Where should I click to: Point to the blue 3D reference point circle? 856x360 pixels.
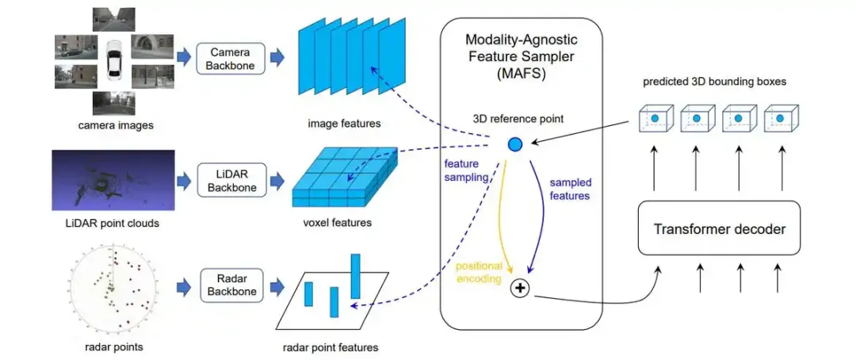coord(514,144)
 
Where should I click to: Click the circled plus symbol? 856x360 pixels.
coord(520,289)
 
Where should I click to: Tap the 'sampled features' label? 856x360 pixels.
coord(571,189)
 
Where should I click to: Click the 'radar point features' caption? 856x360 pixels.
coord(331,347)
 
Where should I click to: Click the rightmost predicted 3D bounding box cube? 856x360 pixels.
coord(781,119)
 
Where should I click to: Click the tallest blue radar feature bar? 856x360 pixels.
coord(356,275)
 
